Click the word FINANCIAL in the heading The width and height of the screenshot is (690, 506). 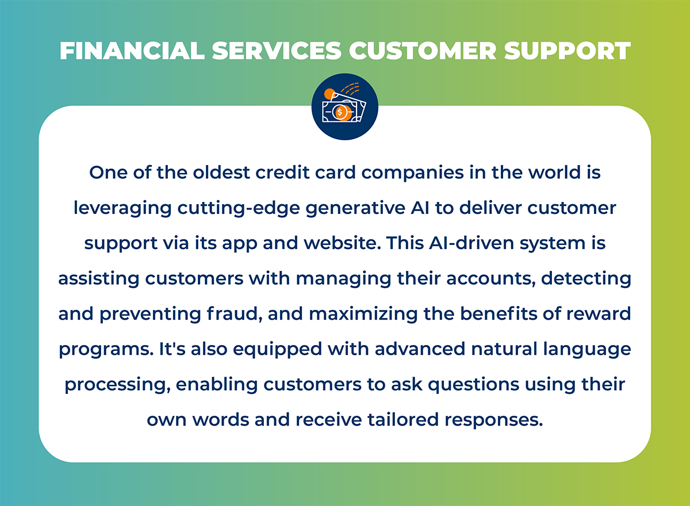click(x=132, y=51)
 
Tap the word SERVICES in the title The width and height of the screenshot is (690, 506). click(x=277, y=51)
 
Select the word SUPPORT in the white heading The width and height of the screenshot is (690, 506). click(x=568, y=51)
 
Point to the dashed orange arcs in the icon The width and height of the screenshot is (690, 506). click(x=350, y=88)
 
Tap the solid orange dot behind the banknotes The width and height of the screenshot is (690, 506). click(x=329, y=94)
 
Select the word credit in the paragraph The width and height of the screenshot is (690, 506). click(x=282, y=172)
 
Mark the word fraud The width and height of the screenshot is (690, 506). click(x=235, y=314)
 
